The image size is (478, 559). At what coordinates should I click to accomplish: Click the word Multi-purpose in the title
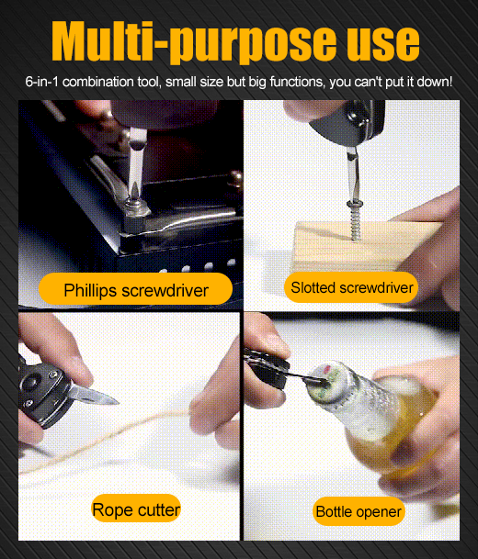click(x=194, y=41)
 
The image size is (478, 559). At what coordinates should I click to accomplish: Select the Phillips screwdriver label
click(x=136, y=289)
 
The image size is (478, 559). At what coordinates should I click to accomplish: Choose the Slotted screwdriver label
click(x=352, y=287)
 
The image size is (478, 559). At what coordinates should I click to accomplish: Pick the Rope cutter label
click(x=136, y=509)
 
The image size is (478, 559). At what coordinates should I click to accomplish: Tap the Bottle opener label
click(x=358, y=511)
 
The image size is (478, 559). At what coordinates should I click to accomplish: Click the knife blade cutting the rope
click(x=94, y=395)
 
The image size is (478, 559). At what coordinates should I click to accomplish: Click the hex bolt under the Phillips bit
click(x=135, y=216)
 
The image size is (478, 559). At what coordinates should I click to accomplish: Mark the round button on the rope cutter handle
click(x=30, y=382)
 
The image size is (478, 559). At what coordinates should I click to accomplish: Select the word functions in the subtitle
click(x=297, y=82)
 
